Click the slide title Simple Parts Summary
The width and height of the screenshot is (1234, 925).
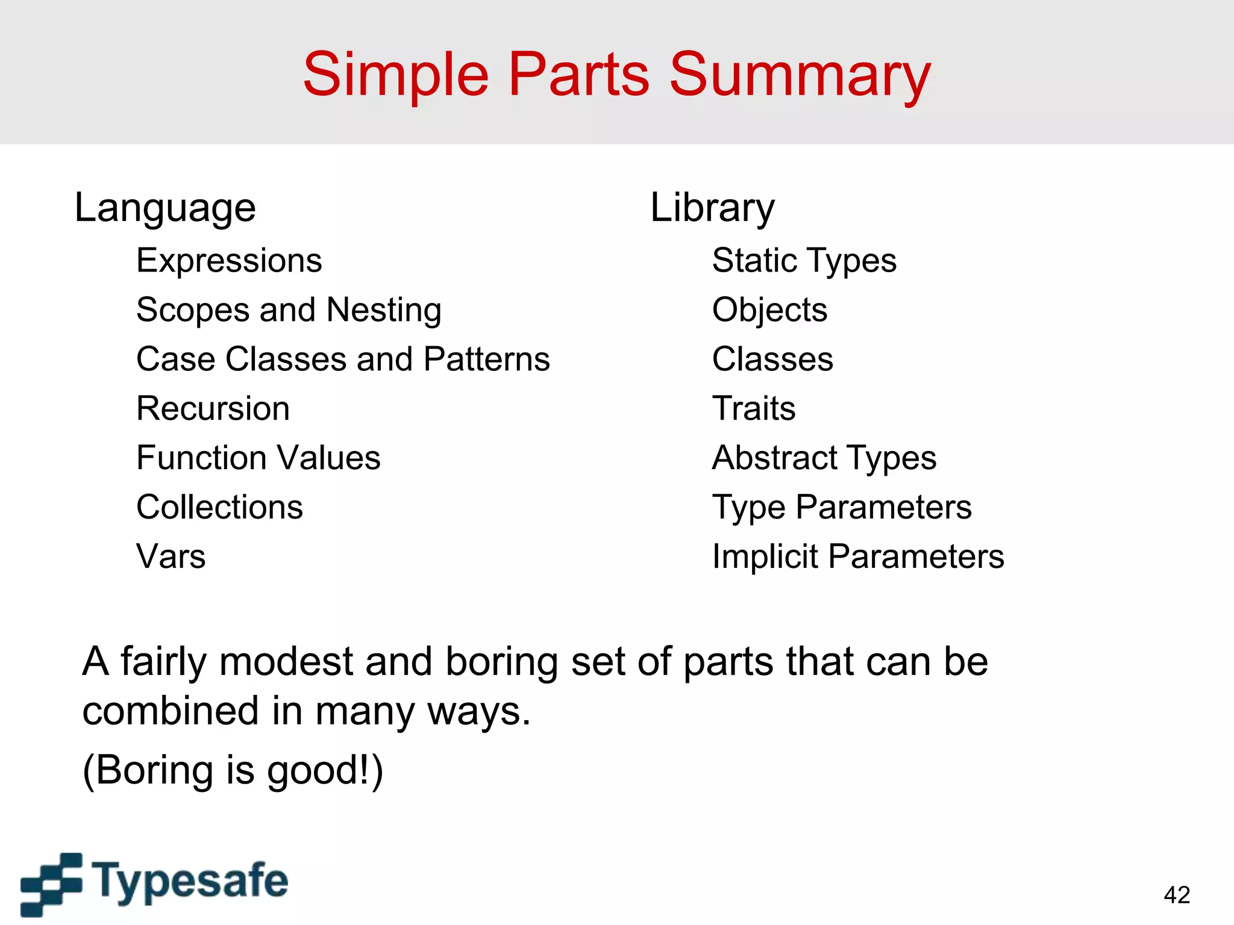616,75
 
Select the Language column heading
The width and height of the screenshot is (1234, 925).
165,208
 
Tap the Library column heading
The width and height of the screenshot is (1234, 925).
712,208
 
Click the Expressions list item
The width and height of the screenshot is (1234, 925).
229,261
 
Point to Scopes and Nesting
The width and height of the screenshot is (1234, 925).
289,311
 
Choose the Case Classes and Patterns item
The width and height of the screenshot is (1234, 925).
343,360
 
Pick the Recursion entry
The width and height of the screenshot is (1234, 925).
213,409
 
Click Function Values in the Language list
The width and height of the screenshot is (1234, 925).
258,458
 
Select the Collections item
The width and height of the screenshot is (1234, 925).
219,507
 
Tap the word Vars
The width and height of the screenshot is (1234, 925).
171,556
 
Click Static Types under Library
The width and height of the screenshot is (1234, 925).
804,261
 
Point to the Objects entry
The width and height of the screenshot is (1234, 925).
769,311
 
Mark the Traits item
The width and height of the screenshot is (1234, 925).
753,409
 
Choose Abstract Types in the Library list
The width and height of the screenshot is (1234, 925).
824,458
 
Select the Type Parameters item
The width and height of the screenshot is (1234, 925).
841,507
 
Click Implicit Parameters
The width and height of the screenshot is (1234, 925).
857,556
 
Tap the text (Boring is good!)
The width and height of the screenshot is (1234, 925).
233,770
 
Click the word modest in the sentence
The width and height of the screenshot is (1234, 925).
286,662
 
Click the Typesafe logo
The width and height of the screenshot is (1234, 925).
154,883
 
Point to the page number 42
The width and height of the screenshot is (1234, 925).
1177,895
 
